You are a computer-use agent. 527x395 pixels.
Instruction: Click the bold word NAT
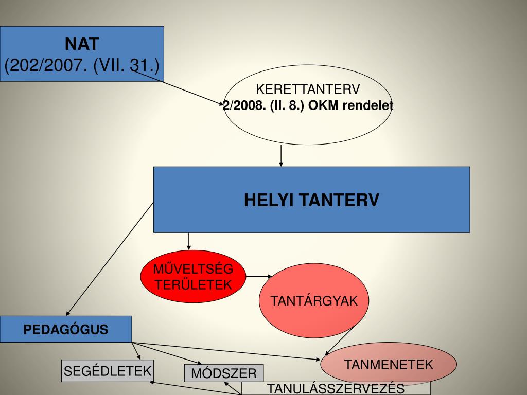[x=82, y=44]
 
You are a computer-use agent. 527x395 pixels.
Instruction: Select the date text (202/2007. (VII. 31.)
[x=82, y=66]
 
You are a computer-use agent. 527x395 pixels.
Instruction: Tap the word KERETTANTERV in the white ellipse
[x=308, y=90]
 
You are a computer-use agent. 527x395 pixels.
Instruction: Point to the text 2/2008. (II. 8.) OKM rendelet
[x=308, y=106]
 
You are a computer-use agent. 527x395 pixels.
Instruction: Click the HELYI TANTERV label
[x=311, y=200]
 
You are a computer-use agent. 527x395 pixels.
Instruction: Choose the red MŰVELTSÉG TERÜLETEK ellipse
[x=194, y=276]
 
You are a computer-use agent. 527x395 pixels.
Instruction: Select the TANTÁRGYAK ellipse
[x=314, y=301]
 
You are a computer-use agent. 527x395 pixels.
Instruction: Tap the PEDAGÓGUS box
[x=66, y=329]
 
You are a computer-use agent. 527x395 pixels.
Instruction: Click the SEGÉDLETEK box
[x=107, y=370]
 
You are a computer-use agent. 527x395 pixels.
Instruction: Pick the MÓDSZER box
[x=224, y=373]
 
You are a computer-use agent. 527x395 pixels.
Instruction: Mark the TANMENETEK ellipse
[x=389, y=365]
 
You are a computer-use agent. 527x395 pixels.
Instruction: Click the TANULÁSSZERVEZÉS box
[x=336, y=388]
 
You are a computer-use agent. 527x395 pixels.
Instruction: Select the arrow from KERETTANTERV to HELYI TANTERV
[x=281, y=155]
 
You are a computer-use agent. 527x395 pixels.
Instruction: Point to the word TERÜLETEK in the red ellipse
[x=194, y=284]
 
